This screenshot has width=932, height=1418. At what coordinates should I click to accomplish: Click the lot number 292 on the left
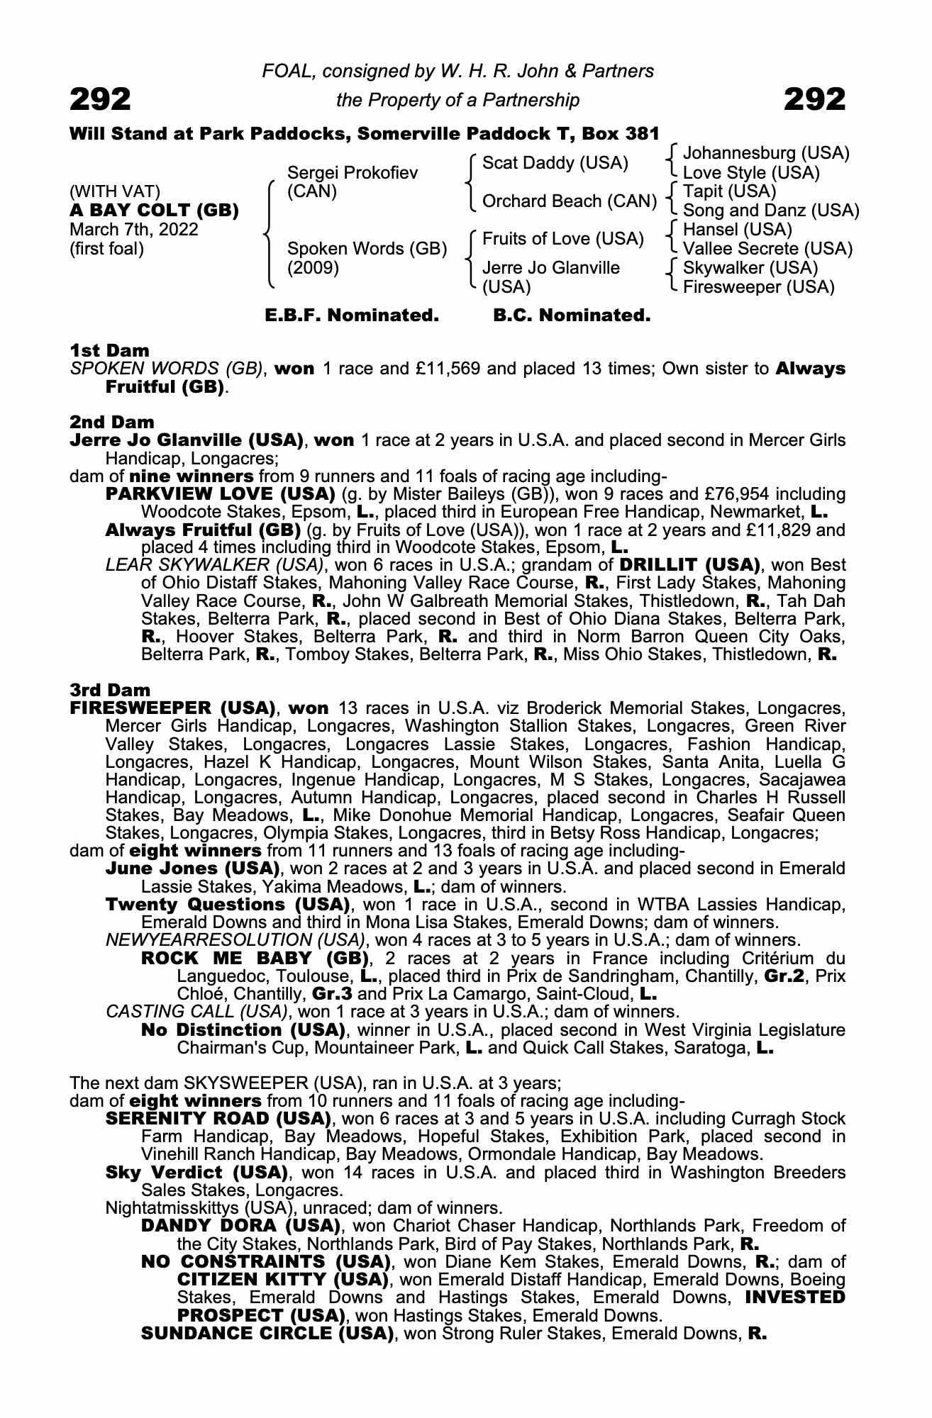click(x=100, y=100)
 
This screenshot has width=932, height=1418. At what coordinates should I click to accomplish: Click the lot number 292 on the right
click(x=814, y=100)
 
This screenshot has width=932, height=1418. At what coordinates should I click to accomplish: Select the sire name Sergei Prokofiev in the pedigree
click(x=353, y=173)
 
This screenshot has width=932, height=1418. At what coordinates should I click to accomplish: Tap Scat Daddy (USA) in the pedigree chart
click(x=555, y=163)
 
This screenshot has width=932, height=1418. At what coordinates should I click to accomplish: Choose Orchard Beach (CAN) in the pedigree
click(x=570, y=201)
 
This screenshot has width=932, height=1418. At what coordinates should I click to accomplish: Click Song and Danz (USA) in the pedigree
click(x=771, y=211)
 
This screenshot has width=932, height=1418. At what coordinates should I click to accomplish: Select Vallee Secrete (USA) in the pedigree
click(x=767, y=249)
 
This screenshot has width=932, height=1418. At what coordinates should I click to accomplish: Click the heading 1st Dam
click(x=110, y=350)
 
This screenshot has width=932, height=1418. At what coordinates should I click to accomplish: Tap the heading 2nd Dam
click(x=112, y=423)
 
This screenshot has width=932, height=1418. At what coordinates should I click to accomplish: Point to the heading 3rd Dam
click(x=111, y=690)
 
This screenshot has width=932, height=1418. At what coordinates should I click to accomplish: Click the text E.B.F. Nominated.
click(x=352, y=315)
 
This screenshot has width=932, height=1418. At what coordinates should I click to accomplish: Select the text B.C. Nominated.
click(x=572, y=315)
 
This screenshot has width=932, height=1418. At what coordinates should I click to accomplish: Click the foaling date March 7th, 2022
click(x=134, y=230)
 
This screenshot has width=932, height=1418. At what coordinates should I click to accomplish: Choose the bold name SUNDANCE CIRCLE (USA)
click(x=267, y=1333)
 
